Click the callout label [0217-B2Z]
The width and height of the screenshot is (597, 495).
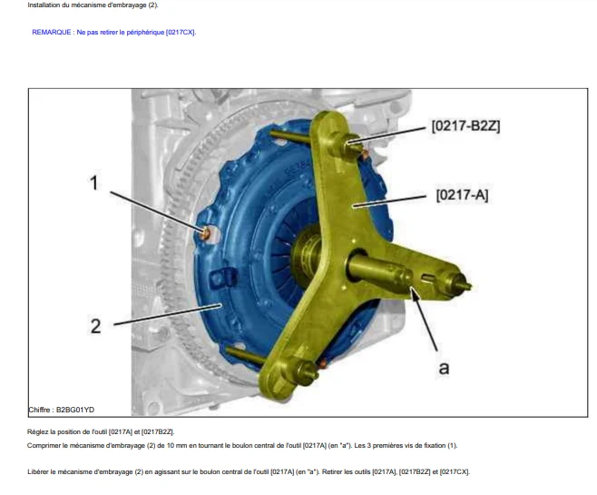point(465,126)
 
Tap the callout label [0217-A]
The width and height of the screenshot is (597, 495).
point(462,195)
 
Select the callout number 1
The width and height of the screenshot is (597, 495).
point(93,183)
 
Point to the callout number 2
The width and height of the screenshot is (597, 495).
point(95,326)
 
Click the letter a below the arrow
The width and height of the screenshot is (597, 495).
point(444,368)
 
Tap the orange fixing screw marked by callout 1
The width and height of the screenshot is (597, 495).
point(206,233)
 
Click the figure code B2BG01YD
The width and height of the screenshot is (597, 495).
point(75,410)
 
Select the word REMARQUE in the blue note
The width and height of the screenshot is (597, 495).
point(52,33)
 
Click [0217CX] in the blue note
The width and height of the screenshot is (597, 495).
point(180,33)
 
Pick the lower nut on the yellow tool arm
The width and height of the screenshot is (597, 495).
point(303,371)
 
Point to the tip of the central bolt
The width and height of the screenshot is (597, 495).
point(469,285)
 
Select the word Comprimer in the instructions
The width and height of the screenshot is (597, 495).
point(43,445)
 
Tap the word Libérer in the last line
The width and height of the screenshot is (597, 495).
point(38,471)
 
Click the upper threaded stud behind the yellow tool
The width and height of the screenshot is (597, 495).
point(290,136)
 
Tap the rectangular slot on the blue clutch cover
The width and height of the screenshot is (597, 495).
point(224,278)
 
